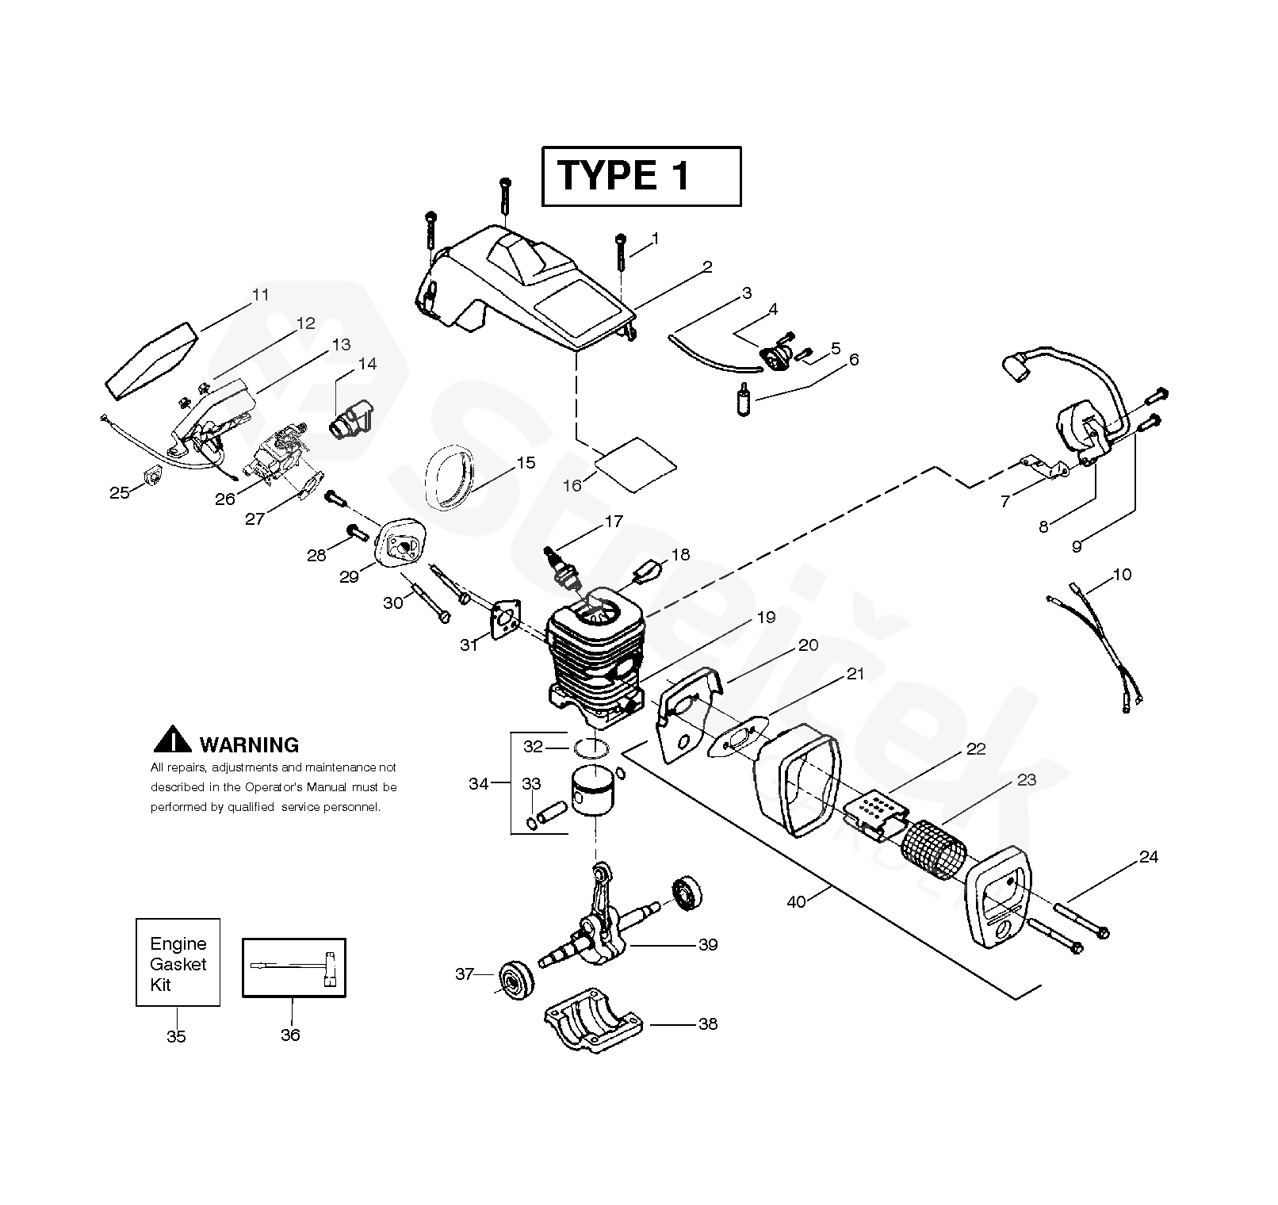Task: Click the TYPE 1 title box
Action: tap(641, 176)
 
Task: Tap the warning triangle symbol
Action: tap(172, 740)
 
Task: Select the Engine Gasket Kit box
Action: tap(178, 963)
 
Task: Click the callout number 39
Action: tap(707, 944)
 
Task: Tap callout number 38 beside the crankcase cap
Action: tap(707, 1024)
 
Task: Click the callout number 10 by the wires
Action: tap(1122, 574)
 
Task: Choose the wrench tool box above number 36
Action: tap(293, 968)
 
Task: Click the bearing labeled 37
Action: tap(515, 981)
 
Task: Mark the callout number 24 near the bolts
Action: tap(1148, 857)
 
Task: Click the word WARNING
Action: tap(249, 745)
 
